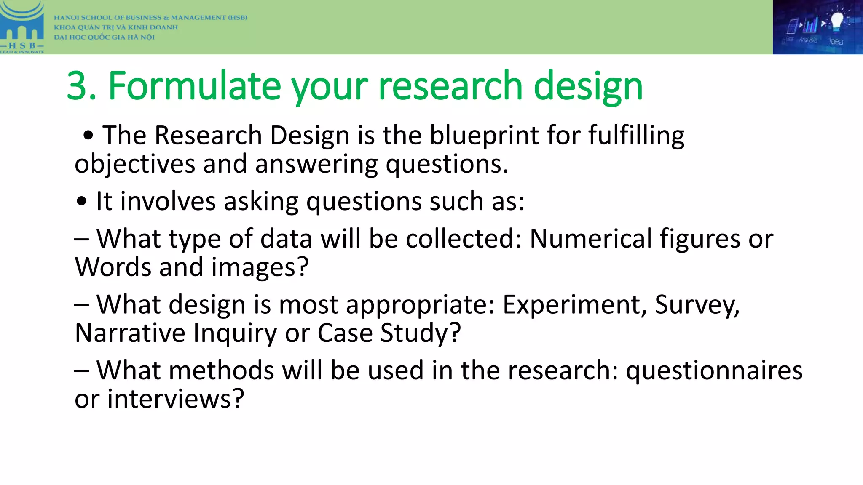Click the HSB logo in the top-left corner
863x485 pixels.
pos(22,27)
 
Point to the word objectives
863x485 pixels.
pos(135,164)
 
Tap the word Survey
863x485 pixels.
pos(697,305)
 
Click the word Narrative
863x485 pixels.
pos(130,333)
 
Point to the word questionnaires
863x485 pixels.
pos(714,371)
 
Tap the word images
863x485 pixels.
pos(260,268)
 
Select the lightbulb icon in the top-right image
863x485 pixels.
pos(836,21)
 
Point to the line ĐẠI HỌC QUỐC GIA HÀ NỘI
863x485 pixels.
pos(104,37)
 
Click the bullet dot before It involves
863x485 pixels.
pos(82,202)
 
